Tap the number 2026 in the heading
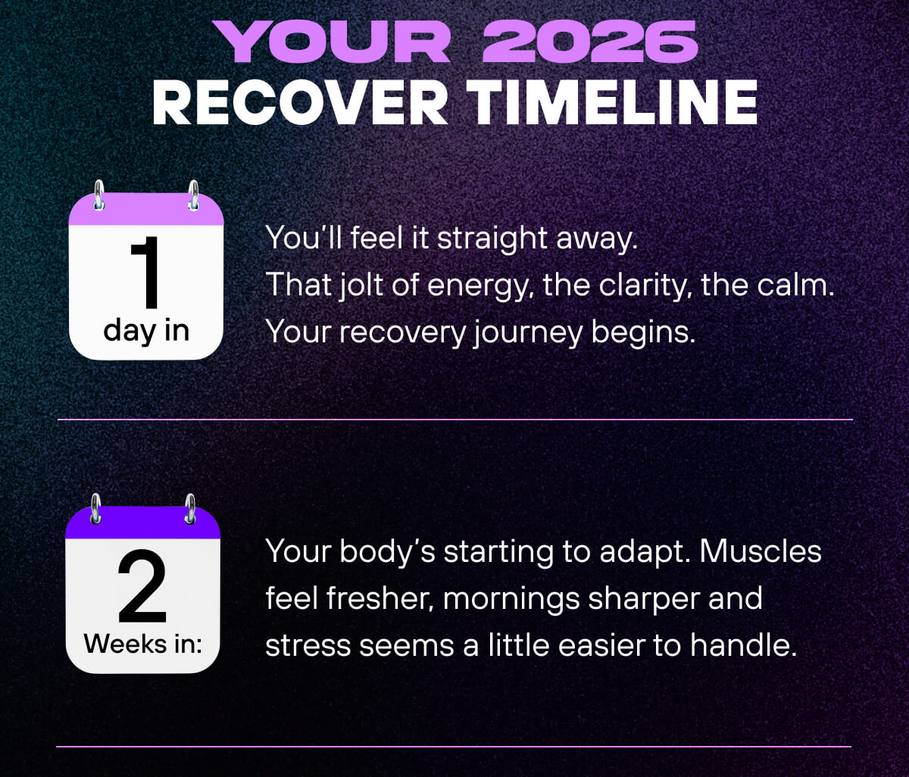pos(589,44)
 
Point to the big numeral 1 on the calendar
pos(145,273)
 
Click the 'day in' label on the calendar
pos(146,330)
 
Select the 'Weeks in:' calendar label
pos(143,644)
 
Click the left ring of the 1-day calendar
pos(98,195)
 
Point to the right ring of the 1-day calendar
pos(193,195)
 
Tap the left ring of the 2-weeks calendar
pos(95,509)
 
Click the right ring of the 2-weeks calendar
pos(190,509)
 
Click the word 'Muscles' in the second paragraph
pos(760,551)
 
